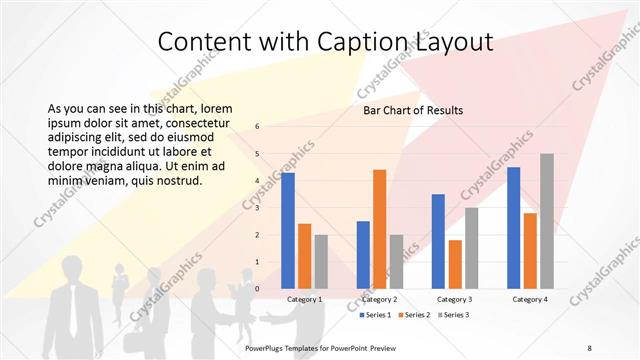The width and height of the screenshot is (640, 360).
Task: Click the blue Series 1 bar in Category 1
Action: click(x=288, y=230)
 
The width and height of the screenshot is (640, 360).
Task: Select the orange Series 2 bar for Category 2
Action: click(x=379, y=229)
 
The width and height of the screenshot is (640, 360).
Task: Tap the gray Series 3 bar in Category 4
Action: click(x=547, y=221)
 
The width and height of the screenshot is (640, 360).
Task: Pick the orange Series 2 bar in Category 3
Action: click(x=455, y=264)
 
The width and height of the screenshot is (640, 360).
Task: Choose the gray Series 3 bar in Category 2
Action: click(x=396, y=261)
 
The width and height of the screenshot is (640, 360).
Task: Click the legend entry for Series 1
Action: click(x=377, y=315)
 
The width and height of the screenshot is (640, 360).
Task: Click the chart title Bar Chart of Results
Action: click(x=412, y=110)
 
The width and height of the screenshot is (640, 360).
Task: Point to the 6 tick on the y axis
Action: click(x=258, y=127)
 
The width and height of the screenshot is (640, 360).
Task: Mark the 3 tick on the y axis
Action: click(x=258, y=208)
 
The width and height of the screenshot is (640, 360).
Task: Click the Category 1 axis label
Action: click(x=304, y=299)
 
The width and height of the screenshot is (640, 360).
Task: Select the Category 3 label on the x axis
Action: click(x=455, y=299)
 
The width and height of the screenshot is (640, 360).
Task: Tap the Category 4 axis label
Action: click(x=530, y=299)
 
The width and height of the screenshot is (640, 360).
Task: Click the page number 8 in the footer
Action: click(x=589, y=346)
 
